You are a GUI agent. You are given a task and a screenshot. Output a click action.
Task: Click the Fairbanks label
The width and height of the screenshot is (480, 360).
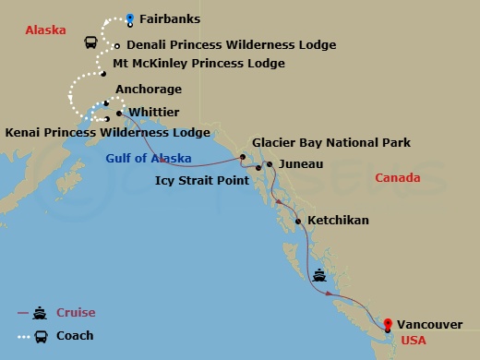169,18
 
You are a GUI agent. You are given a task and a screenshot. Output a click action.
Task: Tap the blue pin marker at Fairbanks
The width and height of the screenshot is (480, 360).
130,17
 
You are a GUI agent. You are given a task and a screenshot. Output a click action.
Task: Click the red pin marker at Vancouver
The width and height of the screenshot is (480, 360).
388,323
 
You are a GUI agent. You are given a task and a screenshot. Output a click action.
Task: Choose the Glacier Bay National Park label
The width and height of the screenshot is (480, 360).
331,142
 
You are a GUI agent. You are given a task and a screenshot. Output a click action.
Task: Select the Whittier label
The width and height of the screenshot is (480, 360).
153,112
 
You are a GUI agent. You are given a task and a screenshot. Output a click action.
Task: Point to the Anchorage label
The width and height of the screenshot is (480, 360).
148,90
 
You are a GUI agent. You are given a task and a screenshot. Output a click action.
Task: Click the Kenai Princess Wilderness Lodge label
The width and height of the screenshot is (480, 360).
108,133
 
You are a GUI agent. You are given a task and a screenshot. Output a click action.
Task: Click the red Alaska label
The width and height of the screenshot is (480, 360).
46,30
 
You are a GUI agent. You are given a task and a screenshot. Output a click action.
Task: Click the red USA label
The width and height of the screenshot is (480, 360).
412,341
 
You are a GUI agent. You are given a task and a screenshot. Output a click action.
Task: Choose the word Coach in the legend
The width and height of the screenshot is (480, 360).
75,336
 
